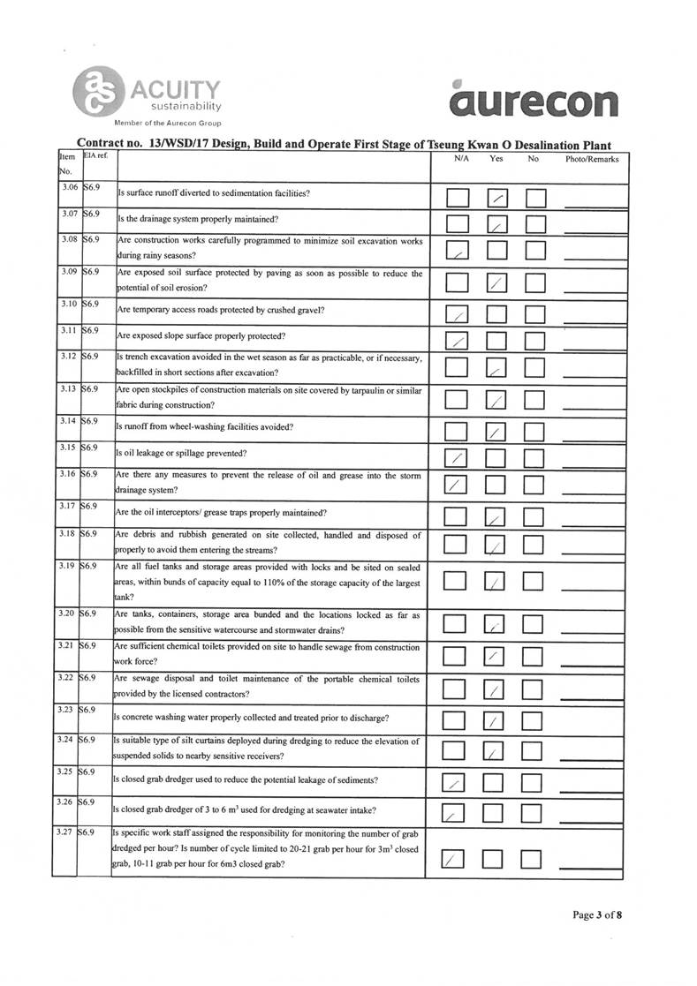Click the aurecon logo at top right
coord(533,100)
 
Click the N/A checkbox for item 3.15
coord(457,457)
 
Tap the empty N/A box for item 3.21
coord(457,656)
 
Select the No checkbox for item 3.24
coord(536,750)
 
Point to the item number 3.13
coord(65,388)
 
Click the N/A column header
coord(461,159)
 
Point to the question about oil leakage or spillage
coord(181,454)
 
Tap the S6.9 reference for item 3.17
coord(90,506)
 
